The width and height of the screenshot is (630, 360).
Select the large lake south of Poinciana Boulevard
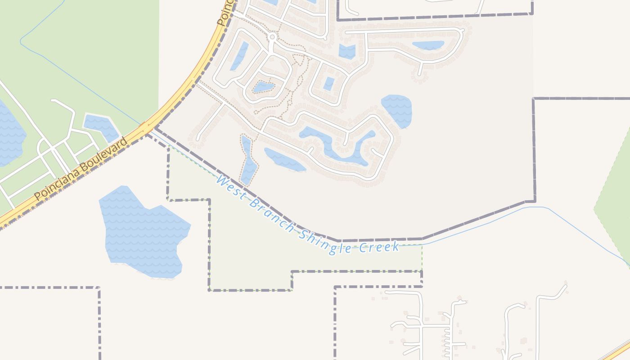pyautogui.click(x=142, y=229)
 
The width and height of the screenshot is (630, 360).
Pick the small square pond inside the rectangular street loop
pyautogui.click(x=329, y=84)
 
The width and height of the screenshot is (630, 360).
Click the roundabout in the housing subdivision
pyautogui.click(x=272, y=36)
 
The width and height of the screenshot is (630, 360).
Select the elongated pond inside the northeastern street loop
pyautogui.click(x=428, y=45)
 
